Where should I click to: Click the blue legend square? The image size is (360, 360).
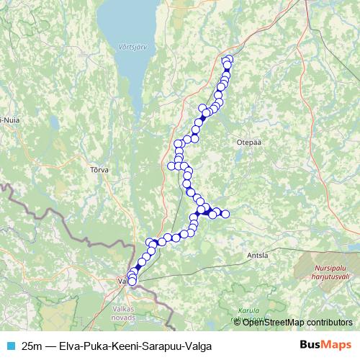coord(9,345)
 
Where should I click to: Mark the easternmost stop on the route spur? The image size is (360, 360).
coord(225,214)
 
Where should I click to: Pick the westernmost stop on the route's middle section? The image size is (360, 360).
coord(171,166)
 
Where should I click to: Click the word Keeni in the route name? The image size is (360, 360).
coord(124,345)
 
